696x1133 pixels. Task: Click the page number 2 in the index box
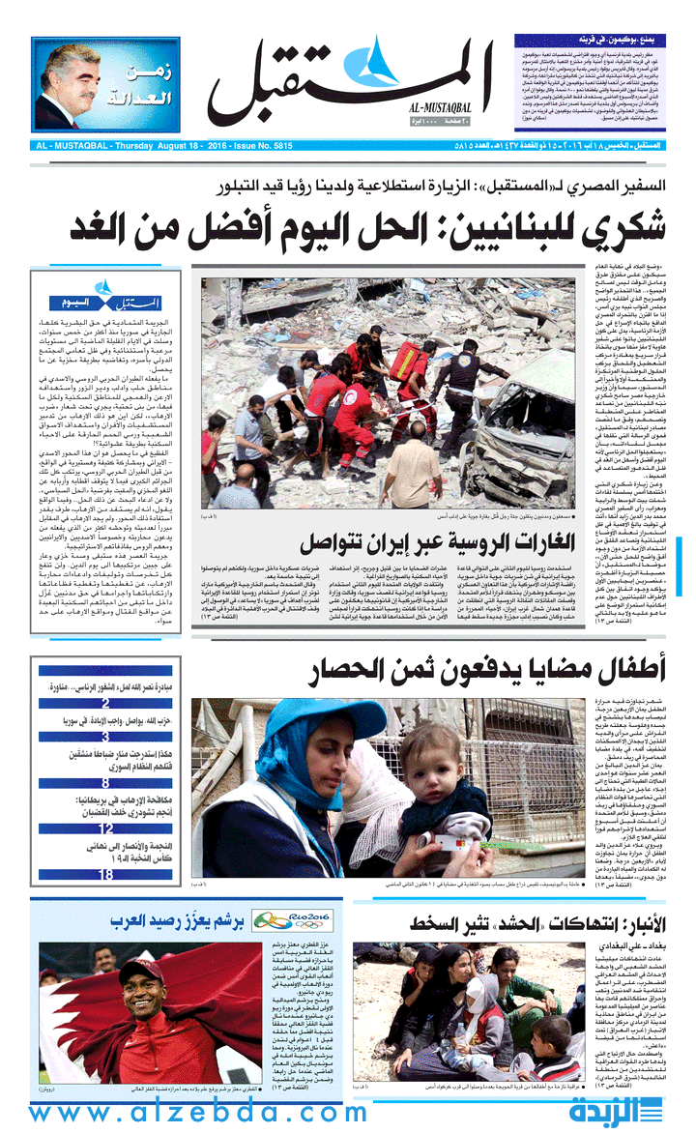point(105,703)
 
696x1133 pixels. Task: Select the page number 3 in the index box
point(105,736)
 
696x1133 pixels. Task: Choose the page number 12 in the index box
point(105,828)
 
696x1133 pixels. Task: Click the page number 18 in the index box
point(105,874)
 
